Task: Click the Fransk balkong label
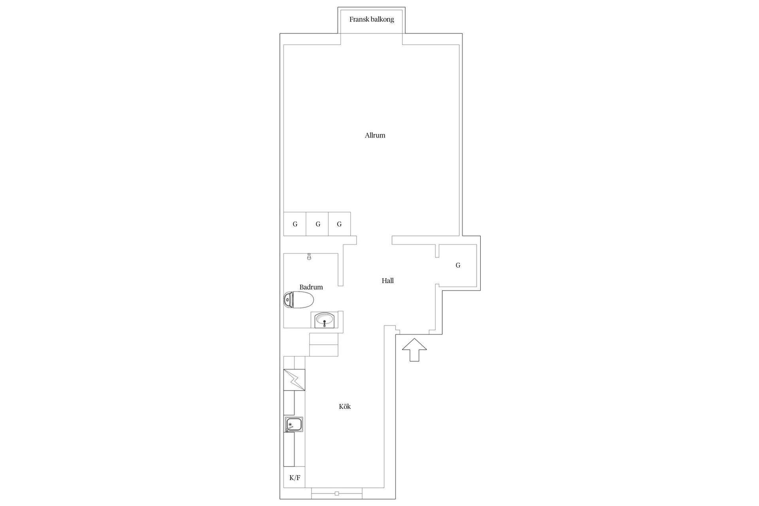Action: tap(372, 19)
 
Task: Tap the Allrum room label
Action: tap(375, 135)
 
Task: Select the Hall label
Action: tap(388, 281)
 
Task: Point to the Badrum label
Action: tap(311, 287)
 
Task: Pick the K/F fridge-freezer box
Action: tap(295, 478)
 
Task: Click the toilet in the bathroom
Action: tap(299, 300)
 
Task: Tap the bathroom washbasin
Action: tap(325, 320)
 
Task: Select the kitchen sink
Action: tap(293, 424)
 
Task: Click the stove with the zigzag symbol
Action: tap(295, 380)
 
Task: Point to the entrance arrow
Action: tap(414, 350)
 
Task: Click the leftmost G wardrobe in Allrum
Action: tap(295, 224)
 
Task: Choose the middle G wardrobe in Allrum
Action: tap(317, 224)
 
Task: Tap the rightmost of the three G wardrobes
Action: tap(340, 224)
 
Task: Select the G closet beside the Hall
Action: tap(458, 265)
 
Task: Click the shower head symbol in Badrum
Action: tap(309, 257)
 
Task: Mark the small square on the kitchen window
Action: tap(337, 493)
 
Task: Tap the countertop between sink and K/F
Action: tap(289, 450)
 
